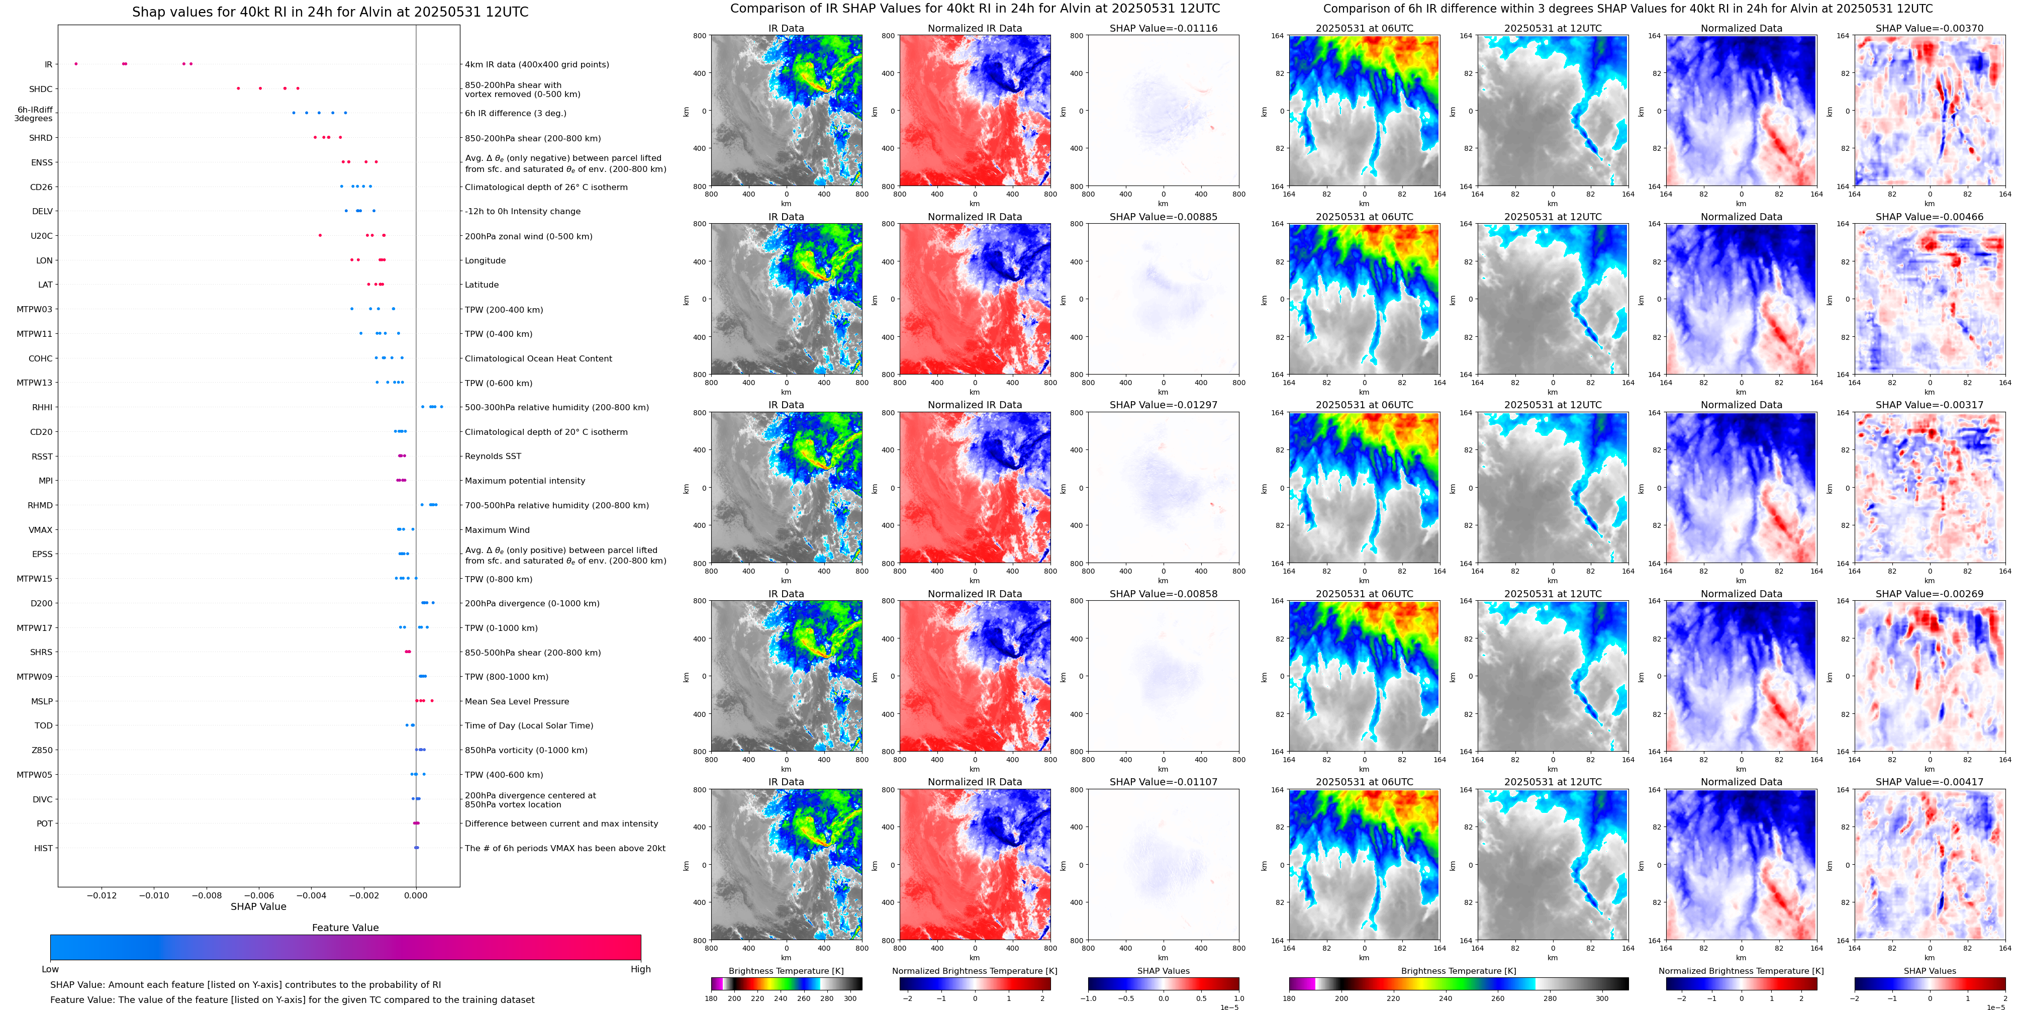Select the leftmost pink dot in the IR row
(x=76, y=63)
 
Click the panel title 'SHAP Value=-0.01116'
(x=1164, y=28)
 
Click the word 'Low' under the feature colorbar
(x=50, y=969)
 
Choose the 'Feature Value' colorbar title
(x=345, y=928)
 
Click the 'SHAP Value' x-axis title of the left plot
(x=258, y=906)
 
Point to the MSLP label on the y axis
(x=42, y=701)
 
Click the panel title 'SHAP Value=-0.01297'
(x=1164, y=405)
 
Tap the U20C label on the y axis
(x=42, y=236)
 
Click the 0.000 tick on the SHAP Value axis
(x=416, y=895)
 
